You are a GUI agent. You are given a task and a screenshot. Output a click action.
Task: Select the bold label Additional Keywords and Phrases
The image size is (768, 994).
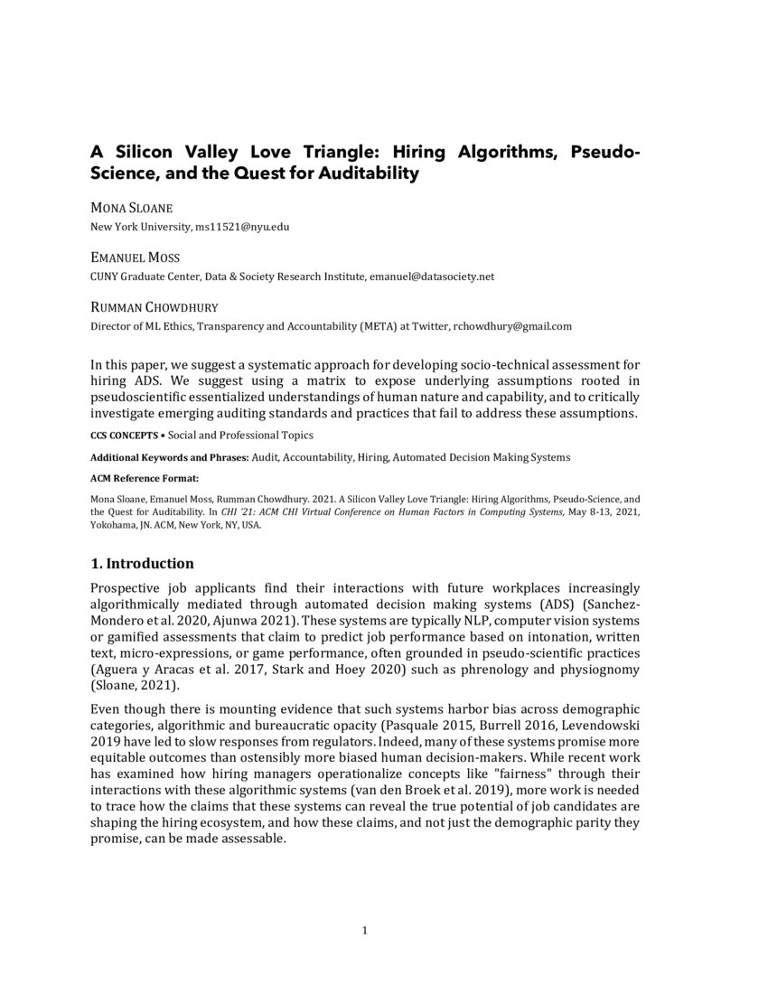(170, 457)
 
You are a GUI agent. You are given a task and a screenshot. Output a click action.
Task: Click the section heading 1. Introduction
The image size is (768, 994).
(142, 564)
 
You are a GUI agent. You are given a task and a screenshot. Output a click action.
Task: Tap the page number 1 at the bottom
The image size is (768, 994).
(365, 931)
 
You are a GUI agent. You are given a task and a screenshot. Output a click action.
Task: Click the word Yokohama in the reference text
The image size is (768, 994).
(116, 524)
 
